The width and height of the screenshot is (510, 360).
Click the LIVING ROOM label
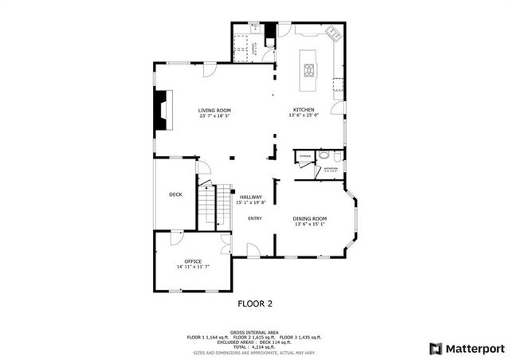pos(214,110)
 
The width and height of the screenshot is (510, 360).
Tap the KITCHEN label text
pos(303,110)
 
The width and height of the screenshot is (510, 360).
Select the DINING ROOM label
pos(310,218)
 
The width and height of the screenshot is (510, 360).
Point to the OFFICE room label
pos(193,261)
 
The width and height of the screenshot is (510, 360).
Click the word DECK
pos(175,194)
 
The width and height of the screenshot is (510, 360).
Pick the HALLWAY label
pos(251,197)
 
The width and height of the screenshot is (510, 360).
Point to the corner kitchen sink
pos(333,34)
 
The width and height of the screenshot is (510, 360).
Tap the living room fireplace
pos(162,109)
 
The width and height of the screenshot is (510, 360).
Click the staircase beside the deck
pos(207,206)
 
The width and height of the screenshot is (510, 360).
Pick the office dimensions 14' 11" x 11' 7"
pos(193,268)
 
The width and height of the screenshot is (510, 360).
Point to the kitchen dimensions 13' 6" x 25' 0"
pos(303,116)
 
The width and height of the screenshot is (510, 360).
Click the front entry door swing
pos(253,251)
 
